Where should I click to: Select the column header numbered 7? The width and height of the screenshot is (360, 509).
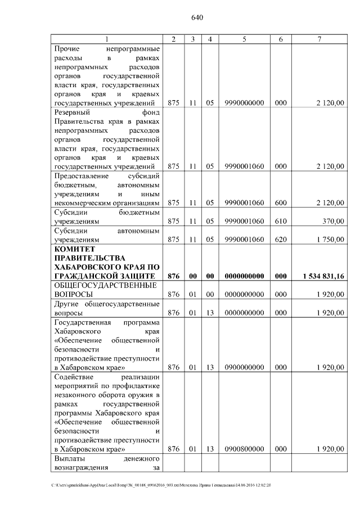319,39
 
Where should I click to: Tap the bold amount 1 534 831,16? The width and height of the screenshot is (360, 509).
323,276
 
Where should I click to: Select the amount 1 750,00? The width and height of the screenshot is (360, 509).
330,239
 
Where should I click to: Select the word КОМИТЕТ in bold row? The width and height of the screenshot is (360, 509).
74,249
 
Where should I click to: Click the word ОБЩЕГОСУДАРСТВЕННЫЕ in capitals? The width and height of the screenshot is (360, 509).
105,285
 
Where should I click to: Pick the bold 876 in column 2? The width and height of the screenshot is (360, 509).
173,276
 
